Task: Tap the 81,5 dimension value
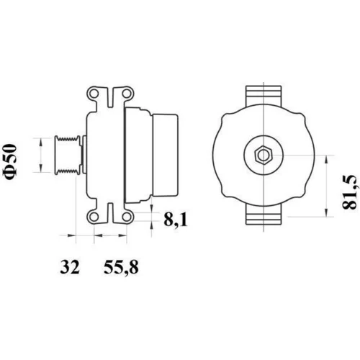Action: pos(350,192)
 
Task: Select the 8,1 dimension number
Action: pos(176,220)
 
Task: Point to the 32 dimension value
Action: pos(70,267)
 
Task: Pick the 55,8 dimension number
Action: pos(121,267)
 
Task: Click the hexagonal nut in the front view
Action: pos(264,155)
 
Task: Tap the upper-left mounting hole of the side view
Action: pos(94,94)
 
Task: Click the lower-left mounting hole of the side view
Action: pos(94,217)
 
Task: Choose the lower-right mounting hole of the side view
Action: pos(126,217)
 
